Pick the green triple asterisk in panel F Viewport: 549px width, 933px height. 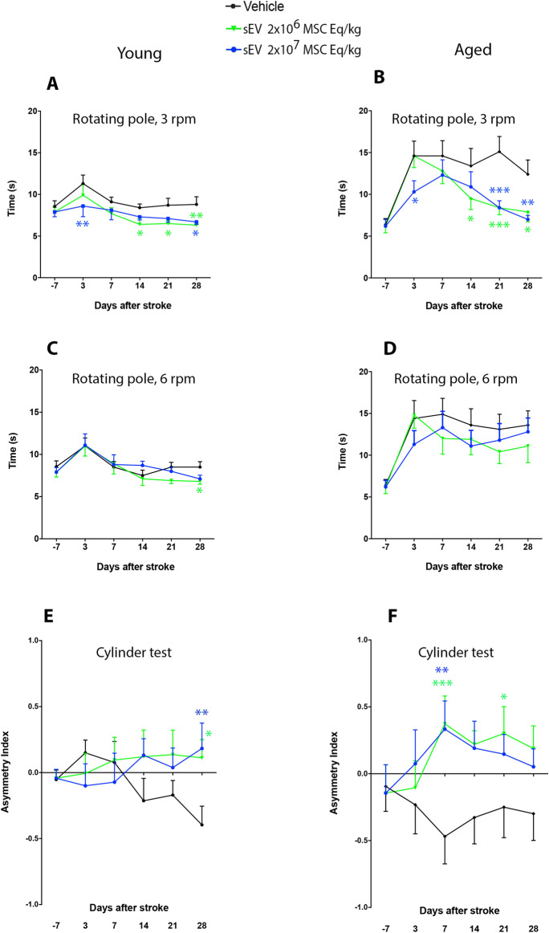[442, 684]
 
